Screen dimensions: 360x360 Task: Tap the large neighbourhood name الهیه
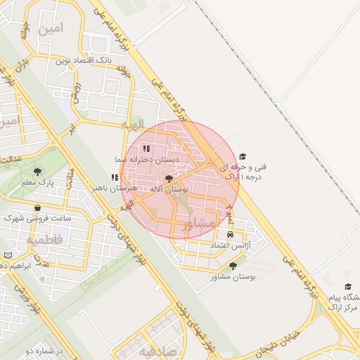(132, 124)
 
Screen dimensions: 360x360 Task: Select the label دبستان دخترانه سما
(148, 160)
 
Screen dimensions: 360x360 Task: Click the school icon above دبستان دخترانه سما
(146, 148)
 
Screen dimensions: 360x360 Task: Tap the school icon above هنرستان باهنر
(115, 178)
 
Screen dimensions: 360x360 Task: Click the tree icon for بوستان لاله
(168, 179)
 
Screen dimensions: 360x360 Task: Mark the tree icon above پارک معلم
(37, 171)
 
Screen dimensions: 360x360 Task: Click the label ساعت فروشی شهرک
(37, 219)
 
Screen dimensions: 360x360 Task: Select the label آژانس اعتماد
(231, 246)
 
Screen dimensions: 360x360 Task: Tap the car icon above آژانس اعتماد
(231, 235)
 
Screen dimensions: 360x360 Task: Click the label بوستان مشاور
(233, 277)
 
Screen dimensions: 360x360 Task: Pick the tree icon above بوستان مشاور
(233, 266)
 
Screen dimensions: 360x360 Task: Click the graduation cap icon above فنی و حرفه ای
(243, 156)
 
